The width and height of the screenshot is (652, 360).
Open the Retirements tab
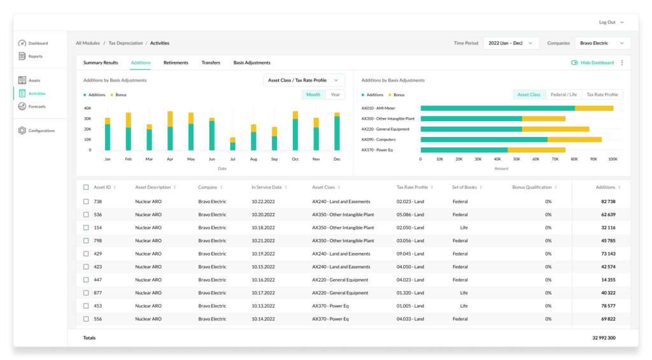coord(176,63)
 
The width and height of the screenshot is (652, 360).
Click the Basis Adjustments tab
coord(252,63)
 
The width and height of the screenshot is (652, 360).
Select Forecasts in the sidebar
coord(36,106)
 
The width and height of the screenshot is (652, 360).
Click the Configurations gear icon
coord(22,131)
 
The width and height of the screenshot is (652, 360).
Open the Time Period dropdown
coord(511,43)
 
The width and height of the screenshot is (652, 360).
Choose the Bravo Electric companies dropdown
coord(602,43)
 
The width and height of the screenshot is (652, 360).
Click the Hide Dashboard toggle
coord(574,63)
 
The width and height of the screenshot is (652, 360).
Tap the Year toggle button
coord(335,95)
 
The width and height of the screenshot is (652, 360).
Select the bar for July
coord(232,143)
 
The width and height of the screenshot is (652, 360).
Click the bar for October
coord(295,131)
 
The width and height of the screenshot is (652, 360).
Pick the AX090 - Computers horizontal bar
coord(511,140)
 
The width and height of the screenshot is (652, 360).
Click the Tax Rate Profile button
coord(602,95)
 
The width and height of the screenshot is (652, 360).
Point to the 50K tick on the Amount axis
coord(516,159)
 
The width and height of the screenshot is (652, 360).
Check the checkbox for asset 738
coord(86,201)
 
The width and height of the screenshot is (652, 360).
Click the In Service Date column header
coord(267,187)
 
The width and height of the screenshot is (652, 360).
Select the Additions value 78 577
coord(608,306)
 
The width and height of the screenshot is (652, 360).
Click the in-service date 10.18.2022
coord(263,227)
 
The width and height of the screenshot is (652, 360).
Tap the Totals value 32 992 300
coord(604,338)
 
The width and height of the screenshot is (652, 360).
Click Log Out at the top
coord(607,22)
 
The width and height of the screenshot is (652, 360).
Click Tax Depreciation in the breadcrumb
coord(125,43)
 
